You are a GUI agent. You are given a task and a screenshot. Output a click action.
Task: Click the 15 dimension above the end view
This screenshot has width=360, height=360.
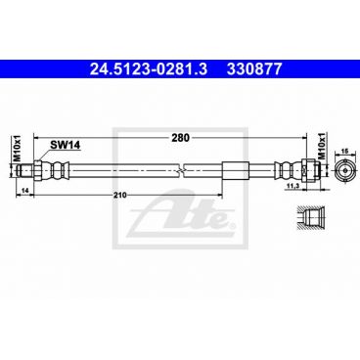(343, 151)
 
